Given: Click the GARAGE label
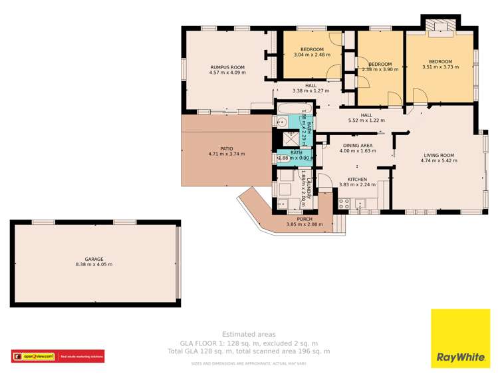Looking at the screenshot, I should pos(94,259).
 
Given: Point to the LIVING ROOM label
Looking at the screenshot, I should pos(439,155).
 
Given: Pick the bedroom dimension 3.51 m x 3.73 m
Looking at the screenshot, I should pos(440,67).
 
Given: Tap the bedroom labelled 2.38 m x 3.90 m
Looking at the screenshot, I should pos(380,69).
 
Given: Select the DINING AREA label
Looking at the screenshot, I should pos(358,145).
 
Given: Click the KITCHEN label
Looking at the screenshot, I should pos(358,179).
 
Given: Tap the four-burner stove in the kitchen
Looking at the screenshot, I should pos(344,204).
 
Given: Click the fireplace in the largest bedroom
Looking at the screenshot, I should pos(439,27).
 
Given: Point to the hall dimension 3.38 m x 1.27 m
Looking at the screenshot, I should pos(311,91).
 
